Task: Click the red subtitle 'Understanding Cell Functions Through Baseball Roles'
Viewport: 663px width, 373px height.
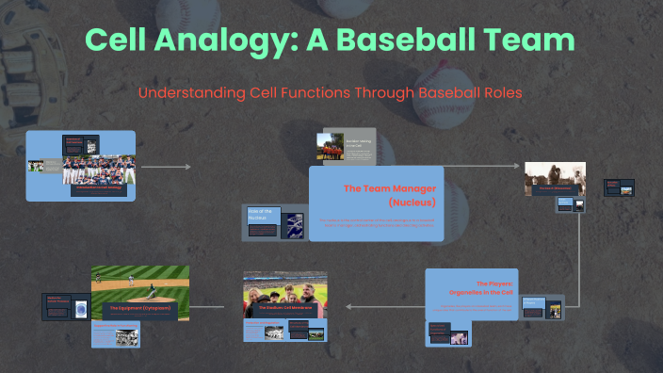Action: click(330, 94)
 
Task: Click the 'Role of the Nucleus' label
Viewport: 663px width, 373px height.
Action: click(263, 214)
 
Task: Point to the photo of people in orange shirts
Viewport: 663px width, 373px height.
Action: click(331, 147)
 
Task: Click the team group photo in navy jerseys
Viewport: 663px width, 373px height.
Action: click(99, 170)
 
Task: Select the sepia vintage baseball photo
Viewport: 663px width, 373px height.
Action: click(555, 176)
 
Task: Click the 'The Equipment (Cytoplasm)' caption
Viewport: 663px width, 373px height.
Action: click(140, 308)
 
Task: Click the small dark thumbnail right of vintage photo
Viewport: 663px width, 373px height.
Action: click(619, 186)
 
